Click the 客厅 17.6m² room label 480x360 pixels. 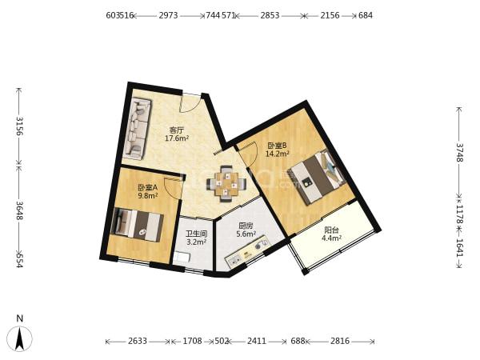point(177,134)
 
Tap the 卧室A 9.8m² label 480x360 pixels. point(147,191)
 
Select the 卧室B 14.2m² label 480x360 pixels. point(278,150)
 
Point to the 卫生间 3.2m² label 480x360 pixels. point(196,238)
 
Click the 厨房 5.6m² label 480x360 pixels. point(246,230)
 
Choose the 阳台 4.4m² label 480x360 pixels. point(331,234)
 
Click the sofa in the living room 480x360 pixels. point(138,129)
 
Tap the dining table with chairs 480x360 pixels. point(226,184)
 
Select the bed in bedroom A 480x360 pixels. point(137,224)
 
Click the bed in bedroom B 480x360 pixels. point(318,178)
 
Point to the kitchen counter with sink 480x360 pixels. point(246,253)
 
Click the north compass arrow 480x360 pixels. point(20,338)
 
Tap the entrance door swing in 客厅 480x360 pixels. point(191,103)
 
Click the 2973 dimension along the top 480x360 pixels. point(168,15)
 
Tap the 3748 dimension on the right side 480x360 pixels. point(459,153)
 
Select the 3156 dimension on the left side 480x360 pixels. point(19,126)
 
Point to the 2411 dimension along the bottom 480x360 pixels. point(257,341)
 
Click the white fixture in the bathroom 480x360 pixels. point(181,257)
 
